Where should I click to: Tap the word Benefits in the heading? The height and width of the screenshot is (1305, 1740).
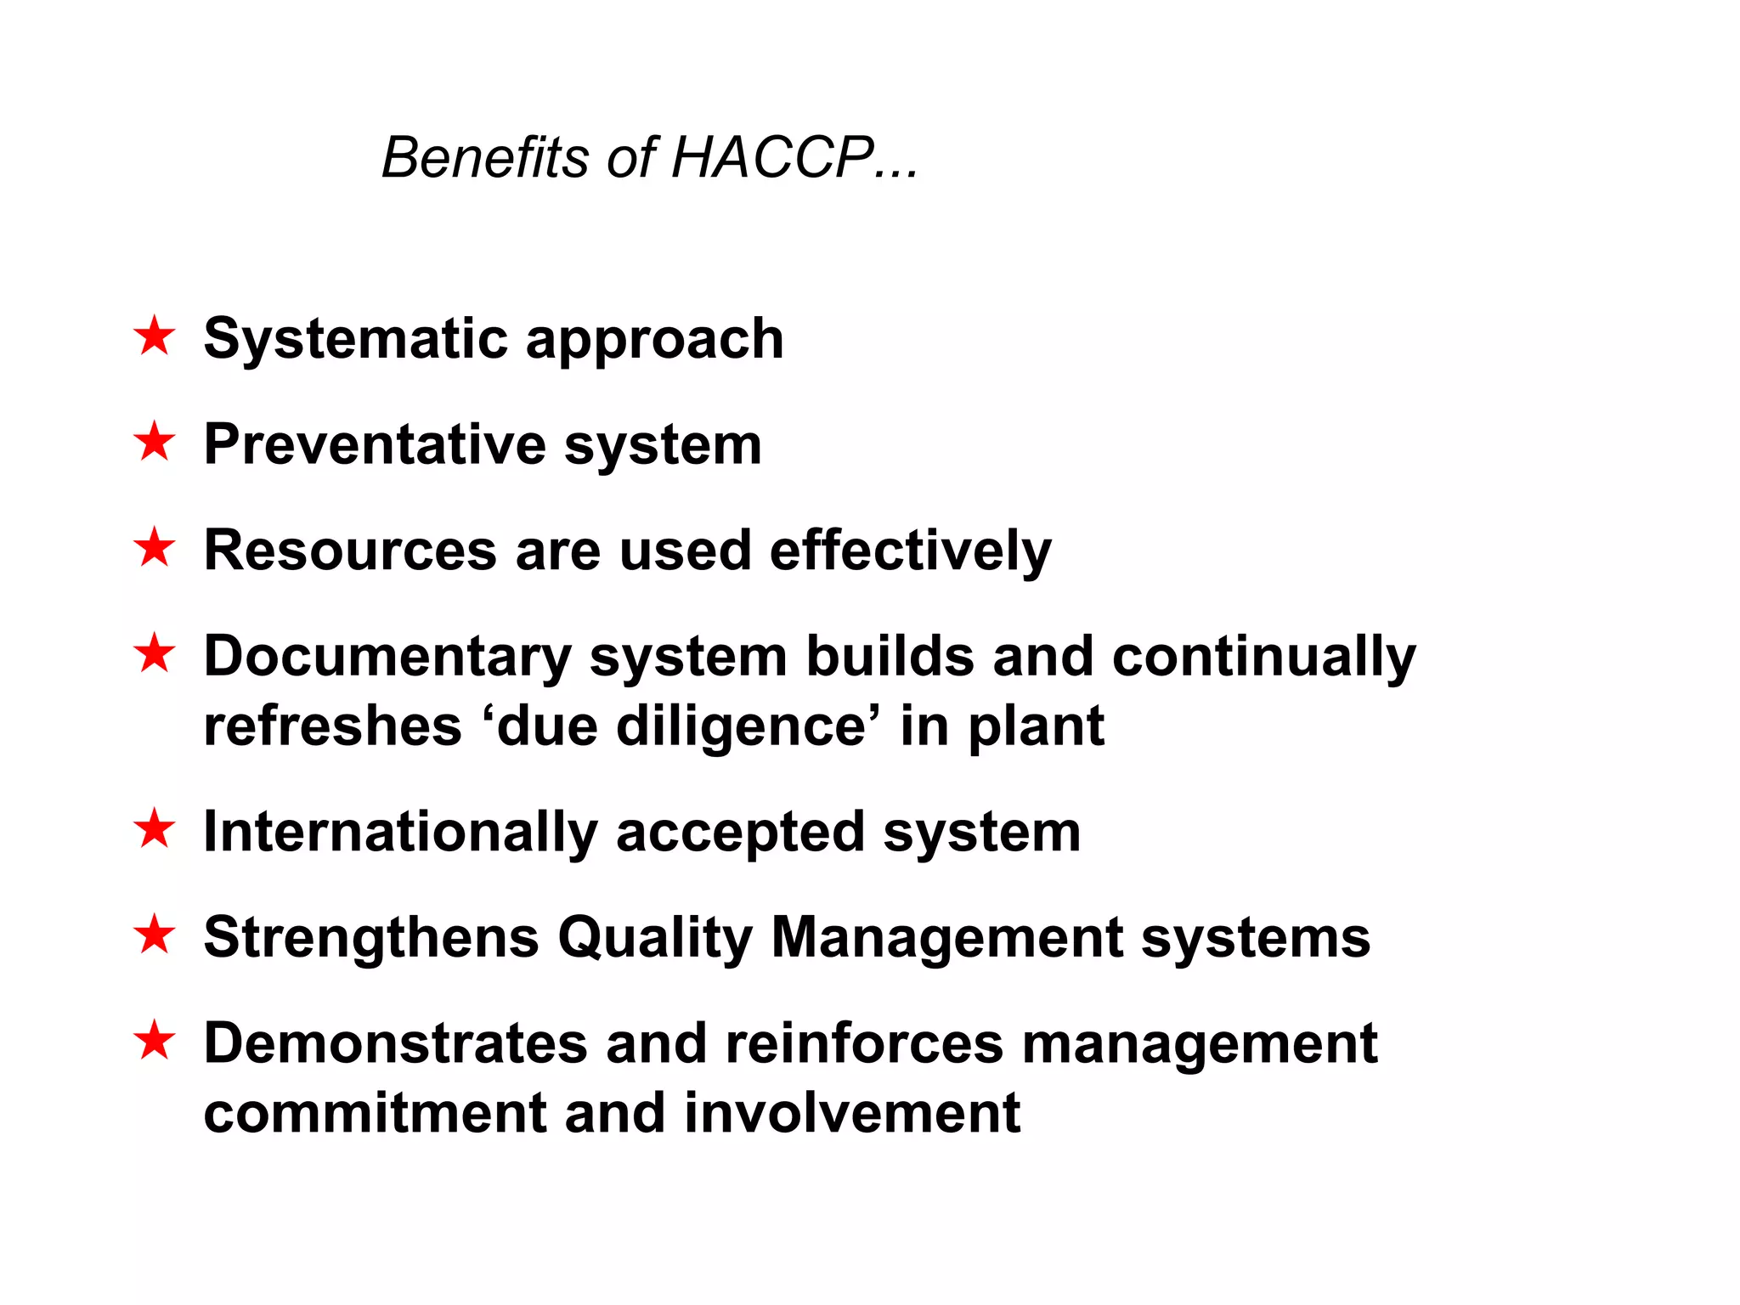[485, 158]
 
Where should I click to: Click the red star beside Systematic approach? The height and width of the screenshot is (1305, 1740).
[155, 336]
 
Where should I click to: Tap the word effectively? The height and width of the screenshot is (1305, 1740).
[910, 551]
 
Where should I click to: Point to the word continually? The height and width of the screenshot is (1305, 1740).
[1263, 658]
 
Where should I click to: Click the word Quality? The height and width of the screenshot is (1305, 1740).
[655, 938]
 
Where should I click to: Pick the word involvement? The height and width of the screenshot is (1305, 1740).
[851, 1113]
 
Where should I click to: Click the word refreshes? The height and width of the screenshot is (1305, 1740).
[332, 727]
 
